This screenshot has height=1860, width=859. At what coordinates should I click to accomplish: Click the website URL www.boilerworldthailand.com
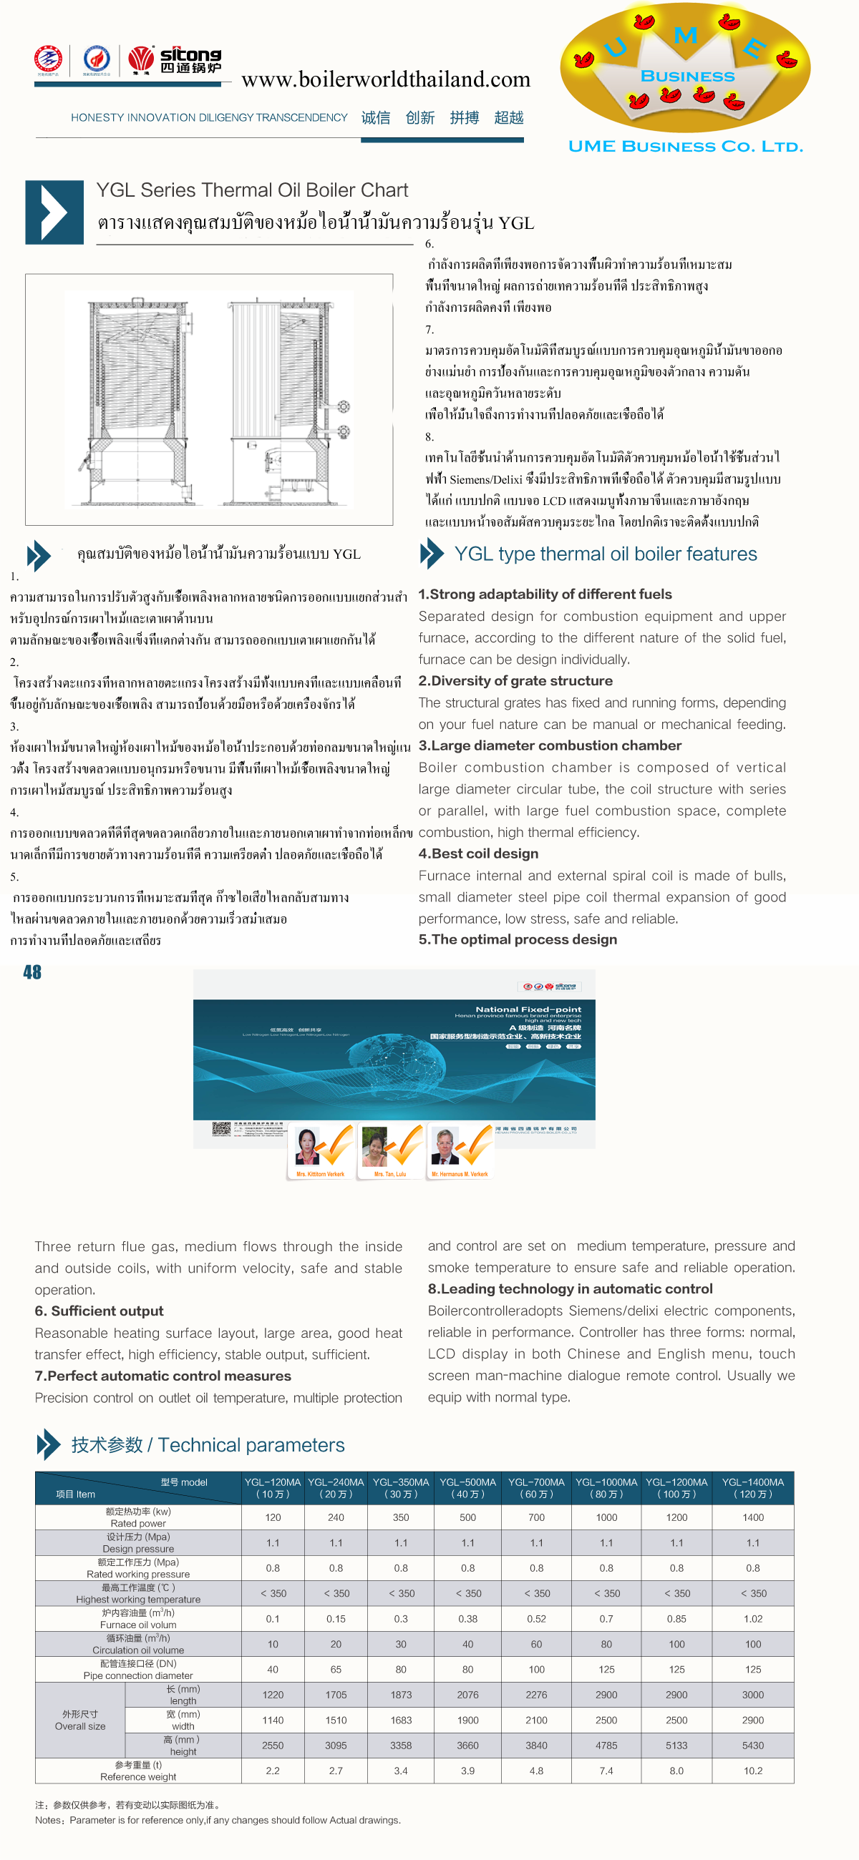pos(386,79)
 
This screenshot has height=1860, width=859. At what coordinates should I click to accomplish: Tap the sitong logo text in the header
pos(190,60)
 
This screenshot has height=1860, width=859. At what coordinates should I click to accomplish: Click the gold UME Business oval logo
pos(685,69)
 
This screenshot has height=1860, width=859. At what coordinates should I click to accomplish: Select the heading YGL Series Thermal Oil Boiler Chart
pos(252,190)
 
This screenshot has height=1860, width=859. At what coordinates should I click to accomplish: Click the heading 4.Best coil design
pos(478,853)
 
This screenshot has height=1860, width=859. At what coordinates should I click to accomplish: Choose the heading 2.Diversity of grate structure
pos(515,681)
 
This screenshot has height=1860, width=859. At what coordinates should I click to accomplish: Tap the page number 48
pos(32,972)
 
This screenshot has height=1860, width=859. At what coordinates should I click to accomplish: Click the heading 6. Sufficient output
pos(99,1311)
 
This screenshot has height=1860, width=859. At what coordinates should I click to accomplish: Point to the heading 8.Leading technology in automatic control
pos(569,1289)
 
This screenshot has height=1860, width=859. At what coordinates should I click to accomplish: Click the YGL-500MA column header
pos(467,1488)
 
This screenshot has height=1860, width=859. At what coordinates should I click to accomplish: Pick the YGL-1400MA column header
pos(752,1488)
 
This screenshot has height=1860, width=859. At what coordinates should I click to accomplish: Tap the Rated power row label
pos(138,1517)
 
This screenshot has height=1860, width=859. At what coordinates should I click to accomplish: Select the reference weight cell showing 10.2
pos(752,1771)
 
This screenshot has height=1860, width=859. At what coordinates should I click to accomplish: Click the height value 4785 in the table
pos(606,1746)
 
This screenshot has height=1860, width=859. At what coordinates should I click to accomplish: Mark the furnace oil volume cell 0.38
pos(467,1619)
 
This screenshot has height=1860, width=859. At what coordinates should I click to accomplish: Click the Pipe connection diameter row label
pos(138,1670)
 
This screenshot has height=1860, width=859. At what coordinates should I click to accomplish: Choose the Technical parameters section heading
pos(208,1445)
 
